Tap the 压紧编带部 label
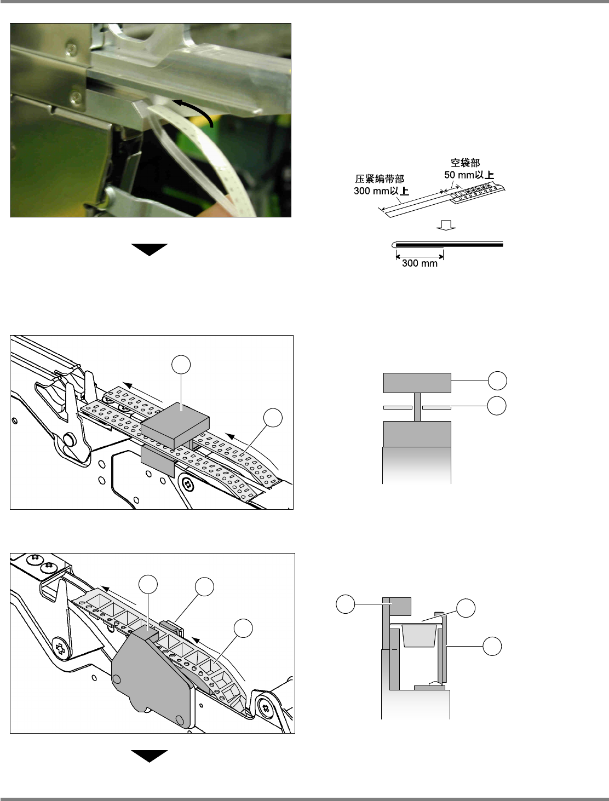click(x=380, y=179)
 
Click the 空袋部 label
click(x=465, y=163)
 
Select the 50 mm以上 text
click(x=469, y=175)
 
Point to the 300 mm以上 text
click(x=381, y=191)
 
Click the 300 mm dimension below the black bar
click(x=420, y=263)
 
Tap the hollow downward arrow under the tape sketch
click(x=446, y=225)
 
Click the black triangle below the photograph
click(x=150, y=250)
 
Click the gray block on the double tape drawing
click(x=175, y=425)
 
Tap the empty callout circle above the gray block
click(x=181, y=365)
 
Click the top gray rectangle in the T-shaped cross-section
click(x=417, y=383)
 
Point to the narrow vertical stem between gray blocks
click(x=417, y=407)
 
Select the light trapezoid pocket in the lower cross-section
click(x=418, y=635)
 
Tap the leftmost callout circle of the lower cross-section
click(x=345, y=604)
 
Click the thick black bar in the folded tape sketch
click(x=450, y=245)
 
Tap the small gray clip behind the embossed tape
click(x=171, y=627)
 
